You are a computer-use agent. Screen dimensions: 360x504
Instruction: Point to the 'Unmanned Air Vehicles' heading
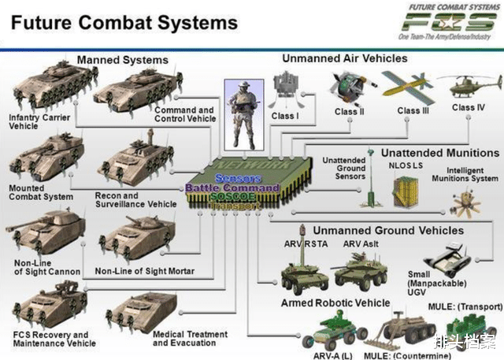(x=345, y=58)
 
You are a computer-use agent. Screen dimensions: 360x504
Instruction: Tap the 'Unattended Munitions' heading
(x=440, y=152)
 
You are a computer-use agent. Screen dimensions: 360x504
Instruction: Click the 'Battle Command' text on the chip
(x=232, y=188)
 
